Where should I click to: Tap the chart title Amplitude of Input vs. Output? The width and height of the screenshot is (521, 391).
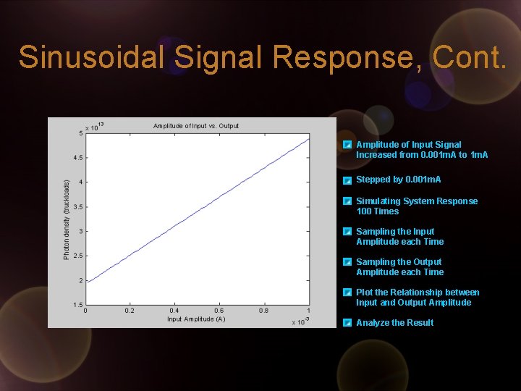pyautogui.click(x=195, y=126)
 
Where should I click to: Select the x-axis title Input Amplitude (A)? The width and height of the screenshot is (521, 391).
pyautogui.click(x=196, y=319)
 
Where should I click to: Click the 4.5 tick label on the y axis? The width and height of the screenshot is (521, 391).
pyautogui.click(x=76, y=158)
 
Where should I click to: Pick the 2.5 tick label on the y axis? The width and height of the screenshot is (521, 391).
pyautogui.click(x=76, y=256)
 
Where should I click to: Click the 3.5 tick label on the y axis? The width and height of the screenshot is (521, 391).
pyautogui.click(x=76, y=207)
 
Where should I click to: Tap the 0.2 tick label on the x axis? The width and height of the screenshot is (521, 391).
pyautogui.click(x=130, y=311)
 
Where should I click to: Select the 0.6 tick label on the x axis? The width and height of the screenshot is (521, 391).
pyautogui.click(x=219, y=311)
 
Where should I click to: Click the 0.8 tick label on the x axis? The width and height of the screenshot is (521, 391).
pyautogui.click(x=264, y=311)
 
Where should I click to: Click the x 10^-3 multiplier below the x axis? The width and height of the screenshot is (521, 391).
pyautogui.click(x=300, y=321)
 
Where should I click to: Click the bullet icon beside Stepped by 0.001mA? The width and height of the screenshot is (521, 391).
pyautogui.click(x=348, y=180)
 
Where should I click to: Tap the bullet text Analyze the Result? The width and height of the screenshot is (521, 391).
pyautogui.click(x=394, y=323)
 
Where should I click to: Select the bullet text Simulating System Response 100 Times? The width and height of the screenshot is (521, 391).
pyautogui.click(x=416, y=206)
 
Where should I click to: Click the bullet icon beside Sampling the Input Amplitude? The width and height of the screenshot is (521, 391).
pyautogui.click(x=348, y=232)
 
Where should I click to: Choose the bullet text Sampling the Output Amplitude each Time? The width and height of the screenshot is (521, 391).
pyautogui.click(x=399, y=267)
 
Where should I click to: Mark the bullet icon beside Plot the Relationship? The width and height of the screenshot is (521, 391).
pyautogui.click(x=348, y=293)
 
